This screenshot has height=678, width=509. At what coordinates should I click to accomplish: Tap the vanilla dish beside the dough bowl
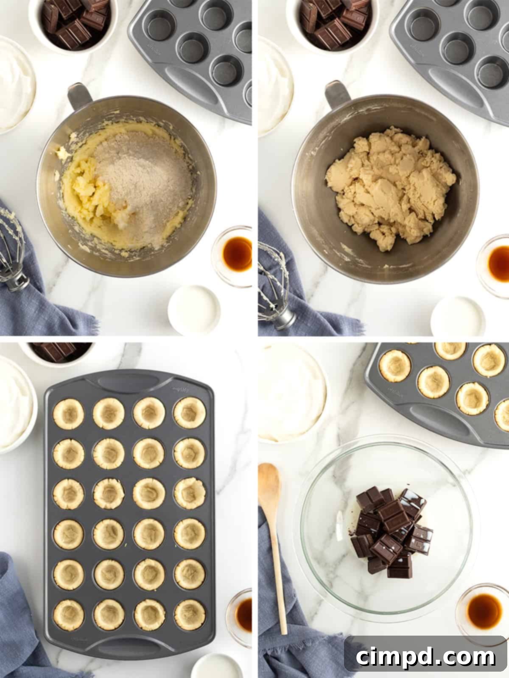(x=497, y=263)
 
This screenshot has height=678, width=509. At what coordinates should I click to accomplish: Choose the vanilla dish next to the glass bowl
(x=484, y=610)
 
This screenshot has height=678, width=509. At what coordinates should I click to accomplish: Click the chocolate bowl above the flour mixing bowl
(x=68, y=21)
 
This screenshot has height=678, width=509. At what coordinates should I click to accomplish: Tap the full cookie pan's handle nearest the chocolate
(x=127, y=379)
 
